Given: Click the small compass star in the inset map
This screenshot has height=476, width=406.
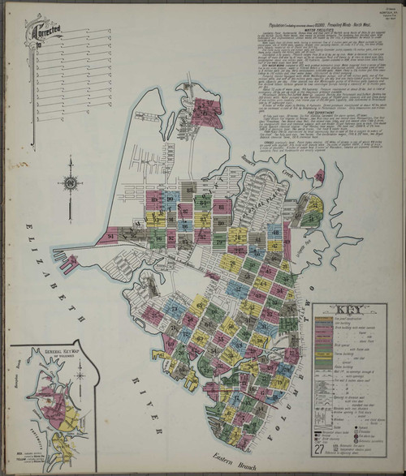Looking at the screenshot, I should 80,374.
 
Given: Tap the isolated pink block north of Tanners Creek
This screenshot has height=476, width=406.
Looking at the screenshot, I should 320,174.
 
